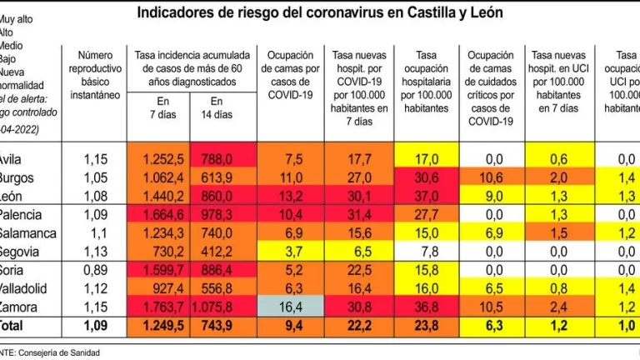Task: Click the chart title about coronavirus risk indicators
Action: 319,14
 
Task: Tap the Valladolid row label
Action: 27,288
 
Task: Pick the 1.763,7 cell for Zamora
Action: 162,307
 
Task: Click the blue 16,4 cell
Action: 288,307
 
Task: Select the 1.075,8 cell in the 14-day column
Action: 222,307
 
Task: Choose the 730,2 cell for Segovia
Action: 162,251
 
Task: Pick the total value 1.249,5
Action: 162,324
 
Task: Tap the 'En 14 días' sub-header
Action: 221,107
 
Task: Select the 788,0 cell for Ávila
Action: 222,159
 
